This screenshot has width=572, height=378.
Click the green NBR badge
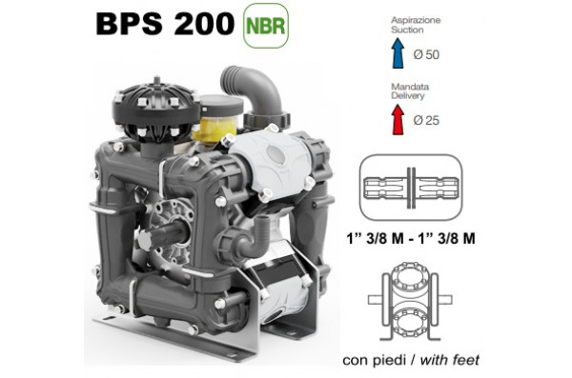(264, 24)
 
